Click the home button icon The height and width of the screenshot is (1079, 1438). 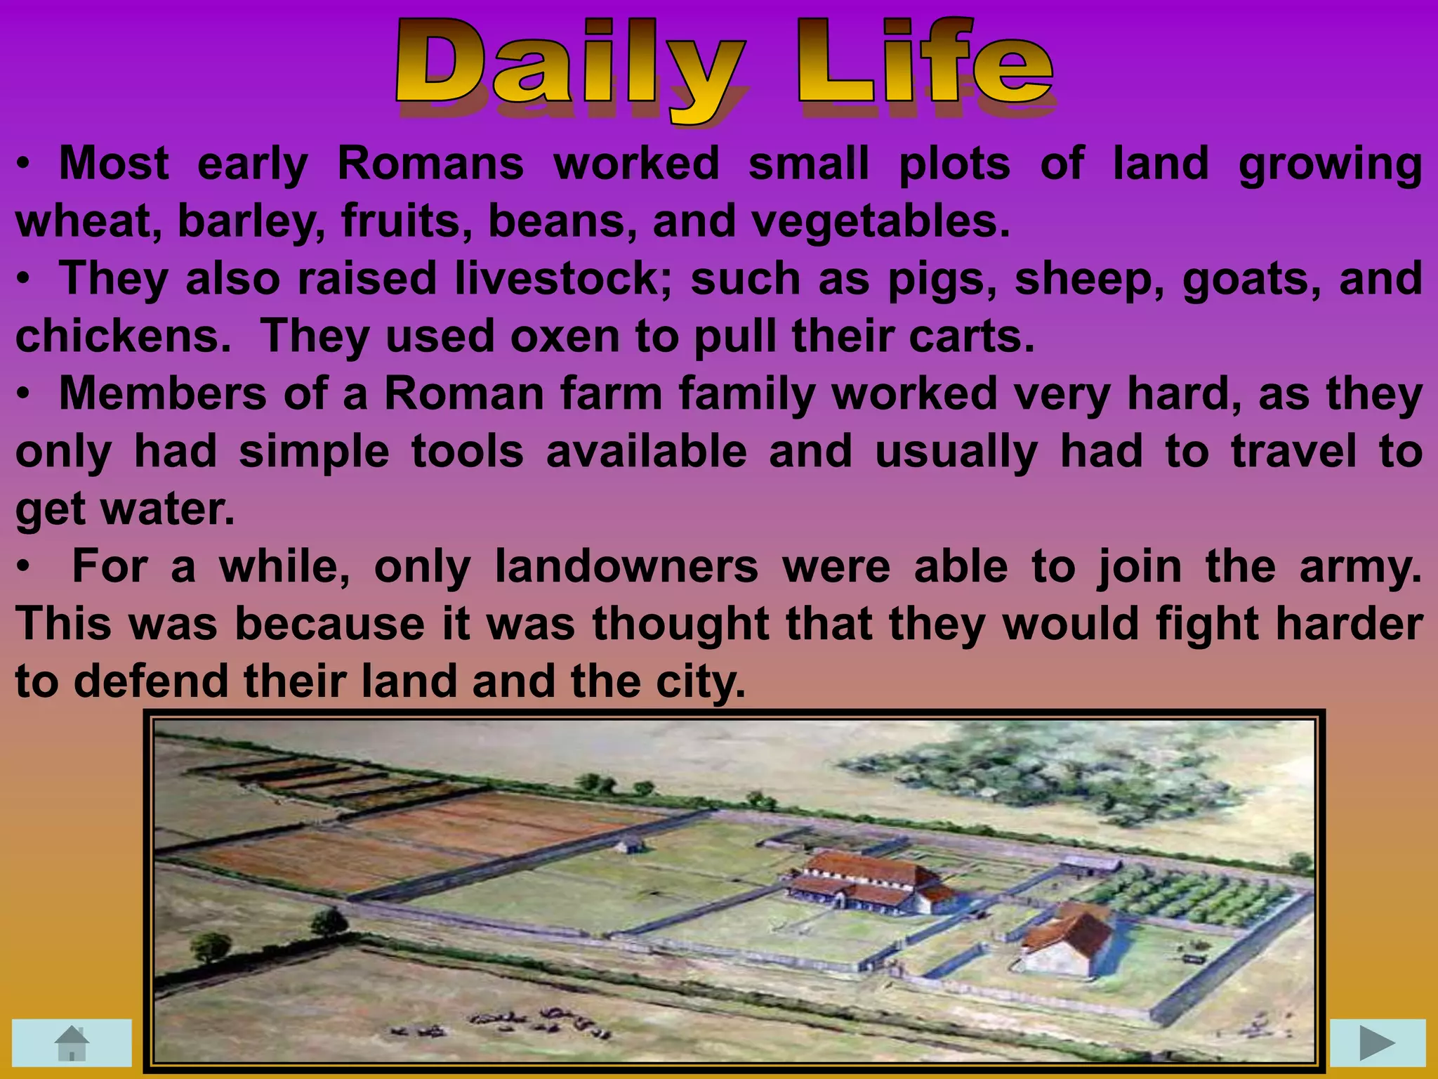(x=72, y=1042)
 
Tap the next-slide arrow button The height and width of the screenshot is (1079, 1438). (x=1377, y=1042)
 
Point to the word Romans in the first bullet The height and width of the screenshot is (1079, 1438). (x=430, y=164)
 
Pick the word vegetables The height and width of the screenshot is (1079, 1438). (x=880, y=221)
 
